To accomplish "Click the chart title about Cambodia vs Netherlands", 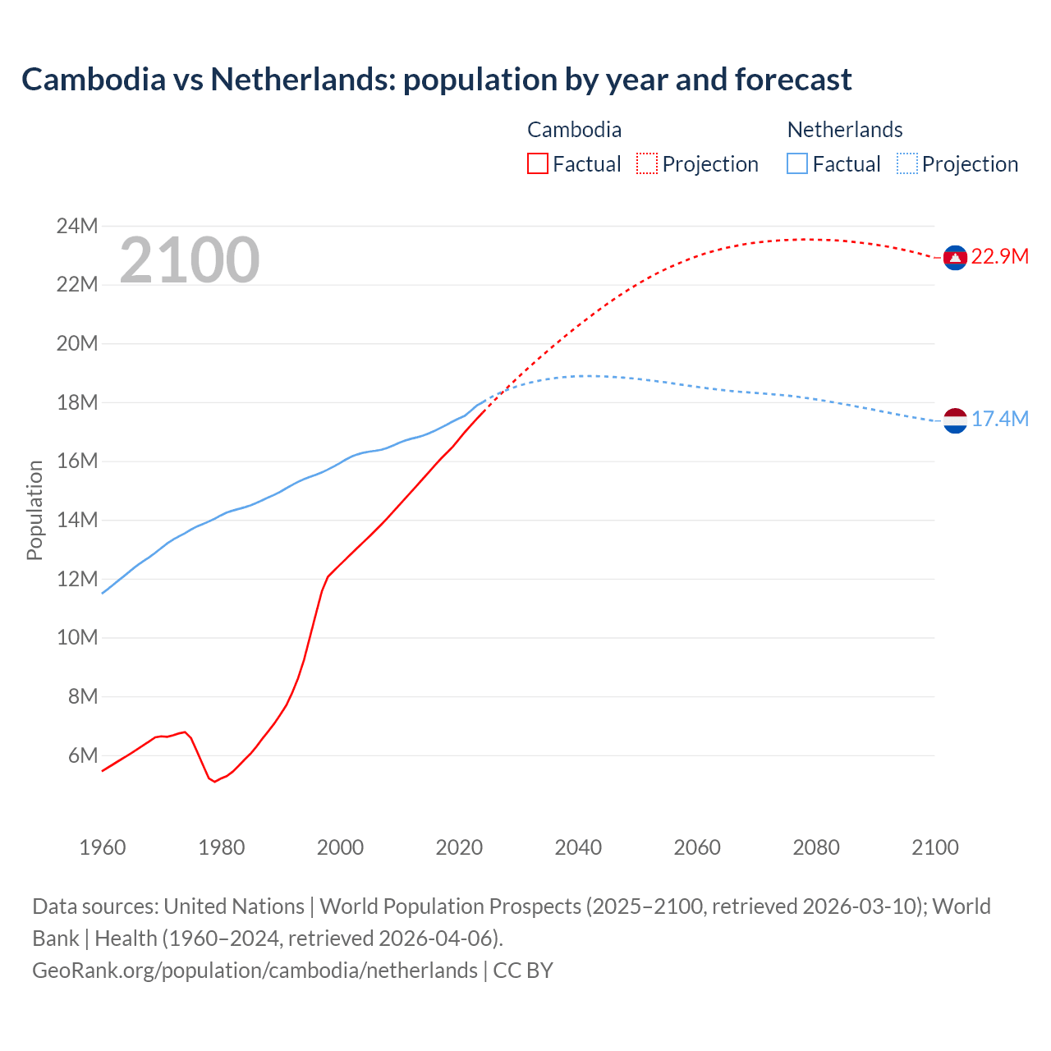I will coord(436,80).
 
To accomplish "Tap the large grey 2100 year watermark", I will coord(190,260).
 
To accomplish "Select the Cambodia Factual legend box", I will coord(537,163).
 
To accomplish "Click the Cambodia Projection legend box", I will coord(647,163).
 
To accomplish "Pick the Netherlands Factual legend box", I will coord(797,163).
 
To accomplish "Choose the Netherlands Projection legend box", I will coord(906,163).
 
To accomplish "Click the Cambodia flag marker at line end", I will coord(954,258).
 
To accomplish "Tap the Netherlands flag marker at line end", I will coord(954,420).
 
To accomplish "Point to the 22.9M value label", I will coord(999,257).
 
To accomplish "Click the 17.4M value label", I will coord(999,420).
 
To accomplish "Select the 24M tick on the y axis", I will coord(77,226).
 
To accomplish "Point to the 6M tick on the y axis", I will coord(83,755).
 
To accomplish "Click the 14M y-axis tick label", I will coord(77,520).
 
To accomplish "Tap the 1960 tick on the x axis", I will coord(103,847).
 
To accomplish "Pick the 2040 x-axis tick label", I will coord(578,847).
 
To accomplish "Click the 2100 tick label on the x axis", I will coord(934,847).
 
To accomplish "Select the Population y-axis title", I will coord(34,510).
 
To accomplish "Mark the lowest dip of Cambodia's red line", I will coord(215,782).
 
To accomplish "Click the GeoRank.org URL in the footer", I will coord(255,971).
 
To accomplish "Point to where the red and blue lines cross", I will coord(500,391).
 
